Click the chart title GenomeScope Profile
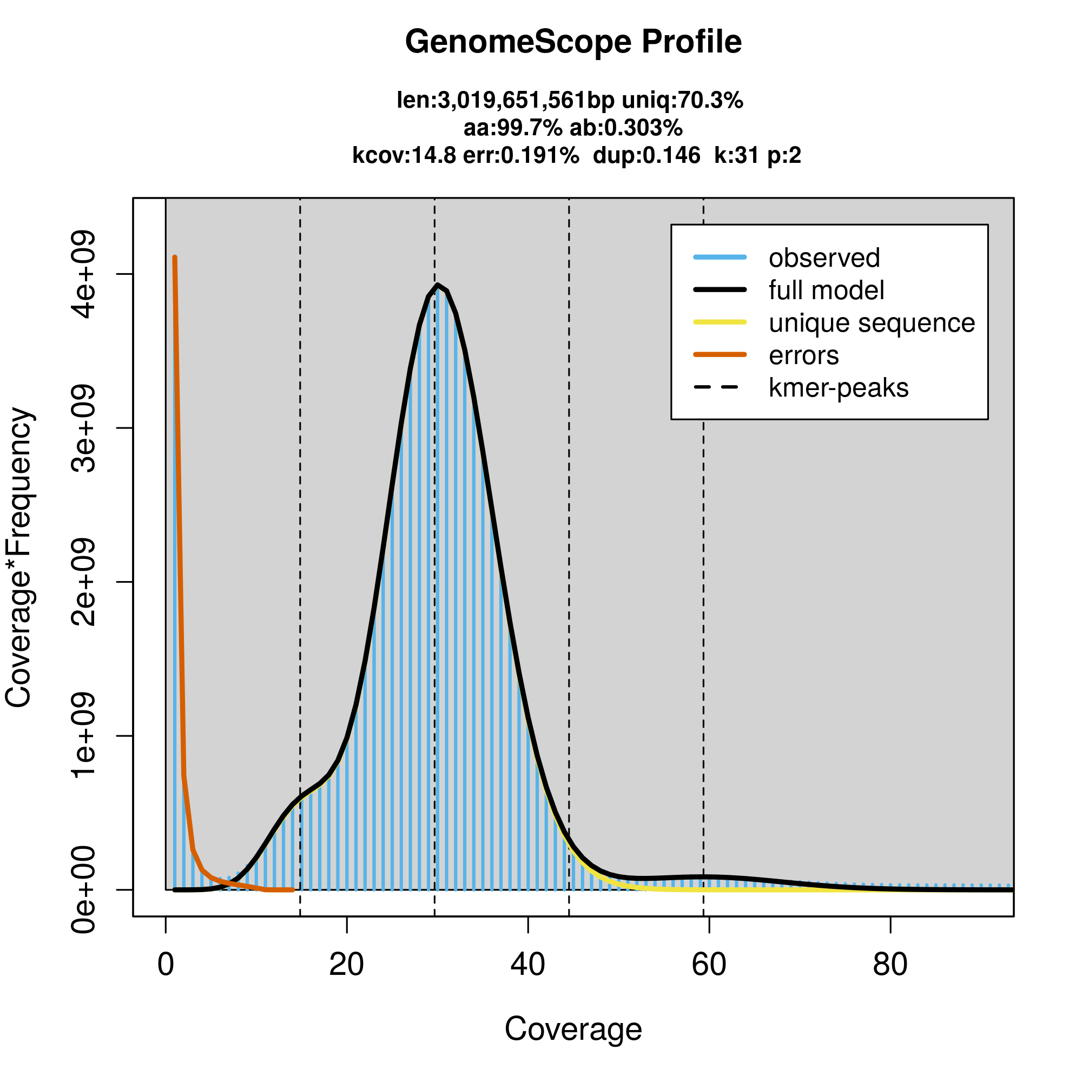pos(573,42)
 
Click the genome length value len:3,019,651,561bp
pos(505,101)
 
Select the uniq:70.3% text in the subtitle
pos(682,101)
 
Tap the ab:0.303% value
pos(625,128)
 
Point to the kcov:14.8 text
pos(404,155)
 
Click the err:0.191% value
pos(521,155)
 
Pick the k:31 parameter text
pos(735,155)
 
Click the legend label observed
pos(824,258)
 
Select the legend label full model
pos(826,291)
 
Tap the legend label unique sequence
pos(872,323)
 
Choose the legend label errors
pos(804,355)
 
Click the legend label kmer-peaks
pos(839,388)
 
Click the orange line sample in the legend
pos(720,354)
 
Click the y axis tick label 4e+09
pos(84,274)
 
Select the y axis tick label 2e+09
pos(84,582)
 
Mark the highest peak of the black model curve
pos(437,285)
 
